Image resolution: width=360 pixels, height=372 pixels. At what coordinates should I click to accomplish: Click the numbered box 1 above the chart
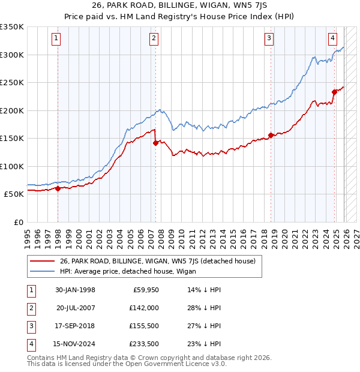coord(56,38)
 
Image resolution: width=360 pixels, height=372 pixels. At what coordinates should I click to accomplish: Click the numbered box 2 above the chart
coord(154,38)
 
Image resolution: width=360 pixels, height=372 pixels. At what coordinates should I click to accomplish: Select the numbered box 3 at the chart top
coord(269,38)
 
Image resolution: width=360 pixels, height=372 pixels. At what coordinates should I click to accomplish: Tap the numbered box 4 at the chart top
coord(332,38)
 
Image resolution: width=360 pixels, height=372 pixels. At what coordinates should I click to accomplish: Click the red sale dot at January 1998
coord(58,188)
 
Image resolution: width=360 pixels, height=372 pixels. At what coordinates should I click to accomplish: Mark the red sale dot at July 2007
coord(155,143)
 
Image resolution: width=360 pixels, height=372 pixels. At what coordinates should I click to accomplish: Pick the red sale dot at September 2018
coord(271,135)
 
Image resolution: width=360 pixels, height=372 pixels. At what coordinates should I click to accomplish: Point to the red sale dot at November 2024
coord(334,92)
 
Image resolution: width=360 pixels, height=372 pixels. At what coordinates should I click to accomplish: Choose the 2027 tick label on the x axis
coord(356,235)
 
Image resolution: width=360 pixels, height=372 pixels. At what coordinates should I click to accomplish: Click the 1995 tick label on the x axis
coord(28,235)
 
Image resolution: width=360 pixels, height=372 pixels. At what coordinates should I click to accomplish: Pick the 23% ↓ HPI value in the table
coord(205,344)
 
